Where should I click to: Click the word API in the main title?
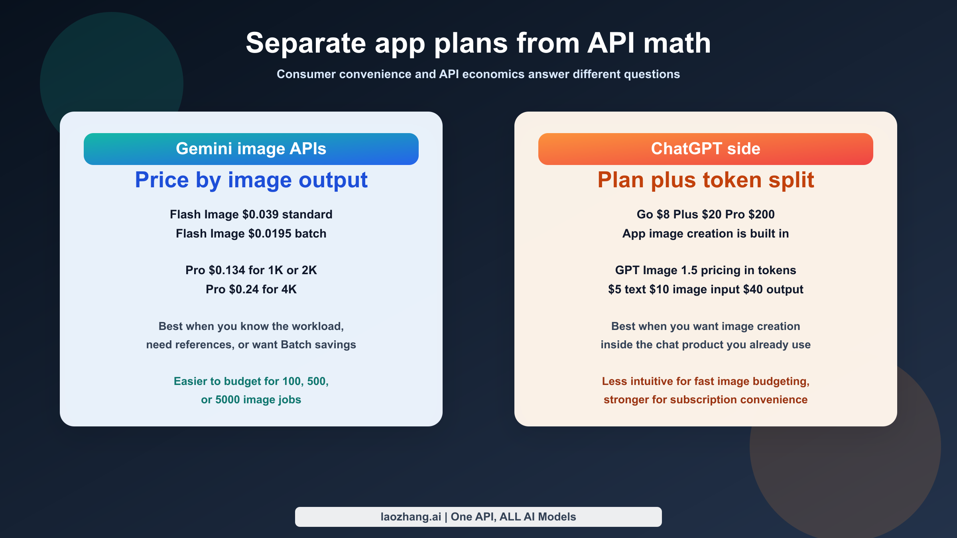pos(610,43)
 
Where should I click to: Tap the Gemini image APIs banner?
pos(251,149)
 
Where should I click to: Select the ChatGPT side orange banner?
pos(705,149)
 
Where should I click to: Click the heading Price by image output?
pos(251,180)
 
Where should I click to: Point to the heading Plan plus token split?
pos(705,180)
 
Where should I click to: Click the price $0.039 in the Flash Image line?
pos(260,214)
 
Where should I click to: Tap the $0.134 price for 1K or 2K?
pos(226,270)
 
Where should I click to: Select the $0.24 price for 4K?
pos(244,289)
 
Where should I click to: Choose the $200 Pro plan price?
pos(761,214)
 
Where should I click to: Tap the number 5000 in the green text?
pos(227,400)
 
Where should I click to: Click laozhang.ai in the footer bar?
pos(411,517)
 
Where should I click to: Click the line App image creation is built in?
pos(705,234)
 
